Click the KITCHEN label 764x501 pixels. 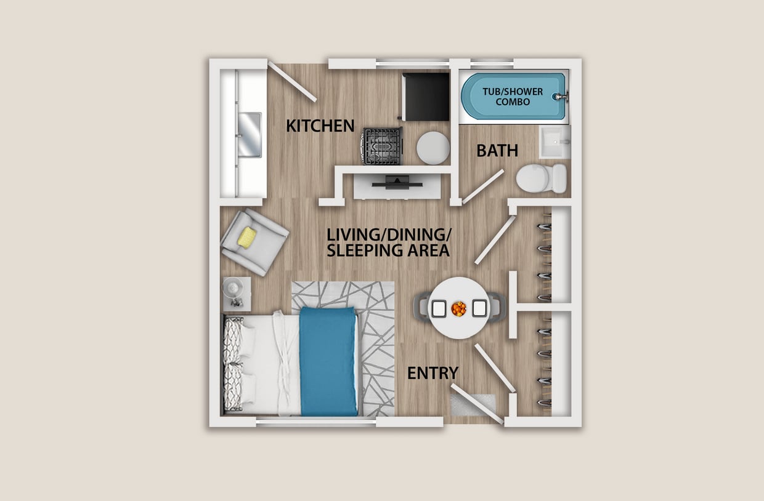click(x=320, y=126)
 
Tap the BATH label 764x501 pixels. click(x=497, y=150)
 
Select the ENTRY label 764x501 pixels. click(x=433, y=373)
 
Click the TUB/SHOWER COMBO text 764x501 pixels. click(x=513, y=97)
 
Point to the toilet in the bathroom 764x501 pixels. click(x=540, y=178)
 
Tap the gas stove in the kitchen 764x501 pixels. click(x=382, y=146)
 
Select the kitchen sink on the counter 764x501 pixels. click(x=250, y=134)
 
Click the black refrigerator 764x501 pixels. click(x=426, y=97)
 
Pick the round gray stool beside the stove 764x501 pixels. click(x=433, y=148)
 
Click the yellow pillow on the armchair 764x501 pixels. click(x=247, y=238)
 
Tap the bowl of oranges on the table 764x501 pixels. click(x=458, y=308)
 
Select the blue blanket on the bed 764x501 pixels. click(x=328, y=360)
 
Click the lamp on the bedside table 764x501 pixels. click(x=234, y=287)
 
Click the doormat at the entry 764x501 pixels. click(x=473, y=405)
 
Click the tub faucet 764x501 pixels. click(x=561, y=97)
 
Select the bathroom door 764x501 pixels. click(x=483, y=186)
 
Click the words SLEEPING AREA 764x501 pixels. click(x=388, y=250)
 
